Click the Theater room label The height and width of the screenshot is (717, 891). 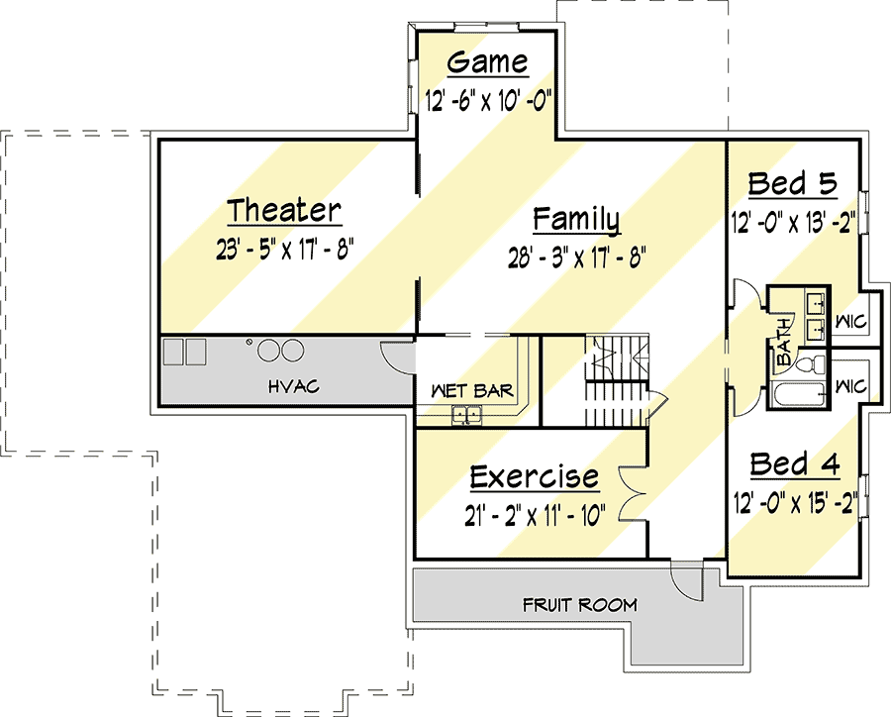coord(284,210)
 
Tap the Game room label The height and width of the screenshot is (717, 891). coord(487,62)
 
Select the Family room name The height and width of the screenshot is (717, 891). coord(576,220)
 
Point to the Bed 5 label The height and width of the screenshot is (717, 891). coord(792,183)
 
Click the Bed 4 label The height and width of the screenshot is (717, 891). coord(794,464)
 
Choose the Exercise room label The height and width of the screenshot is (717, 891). coord(535,477)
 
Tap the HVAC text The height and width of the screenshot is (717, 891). coord(294,387)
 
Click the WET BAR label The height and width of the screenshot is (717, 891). coord(472,390)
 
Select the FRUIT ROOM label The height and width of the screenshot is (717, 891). coord(579,605)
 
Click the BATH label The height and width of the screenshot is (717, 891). coord(783,341)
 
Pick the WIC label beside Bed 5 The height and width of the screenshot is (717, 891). coord(850,323)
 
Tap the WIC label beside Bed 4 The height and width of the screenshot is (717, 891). coord(850,387)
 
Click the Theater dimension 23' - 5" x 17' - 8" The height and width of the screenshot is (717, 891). coord(285,249)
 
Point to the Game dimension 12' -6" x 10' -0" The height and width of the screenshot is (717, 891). coord(489,101)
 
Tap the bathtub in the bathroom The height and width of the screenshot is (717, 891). coord(797,394)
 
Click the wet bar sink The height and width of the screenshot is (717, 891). coord(466,415)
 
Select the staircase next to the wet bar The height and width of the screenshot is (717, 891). coord(617,380)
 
